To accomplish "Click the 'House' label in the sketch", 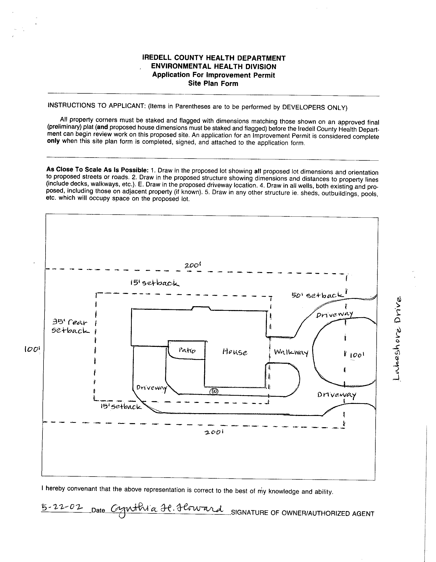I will pyautogui.click(x=235, y=352).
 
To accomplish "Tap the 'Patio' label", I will pyautogui.click(x=187, y=350).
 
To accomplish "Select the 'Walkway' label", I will pyautogui.click(x=291, y=352).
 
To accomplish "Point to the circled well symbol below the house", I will pyautogui.click(x=214, y=391).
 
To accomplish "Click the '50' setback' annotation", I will pyautogui.click(x=318, y=295).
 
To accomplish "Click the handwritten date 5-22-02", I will pyautogui.click(x=62, y=507).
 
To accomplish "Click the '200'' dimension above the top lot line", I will pyautogui.click(x=192, y=265).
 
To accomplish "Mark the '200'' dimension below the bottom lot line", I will pyautogui.click(x=213, y=433).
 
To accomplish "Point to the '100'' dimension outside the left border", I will pyautogui.click(x=32, y=349).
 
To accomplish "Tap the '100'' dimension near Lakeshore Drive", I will pyautogui.click(x=357, y=355).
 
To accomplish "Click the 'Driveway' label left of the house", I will pyautogui.click(x=152, y=388).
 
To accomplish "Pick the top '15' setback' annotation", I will pyautogui.click(x=155, y=283).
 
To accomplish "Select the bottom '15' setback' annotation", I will pyautogui.click(x=121, y=407).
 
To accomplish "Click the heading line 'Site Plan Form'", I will pyautogui.click(x=213, y=84).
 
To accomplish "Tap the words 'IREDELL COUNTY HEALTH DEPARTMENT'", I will pyautogui.click(x=214, y=58).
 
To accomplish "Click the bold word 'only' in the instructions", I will pyautogui.click(x=53, y=141).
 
